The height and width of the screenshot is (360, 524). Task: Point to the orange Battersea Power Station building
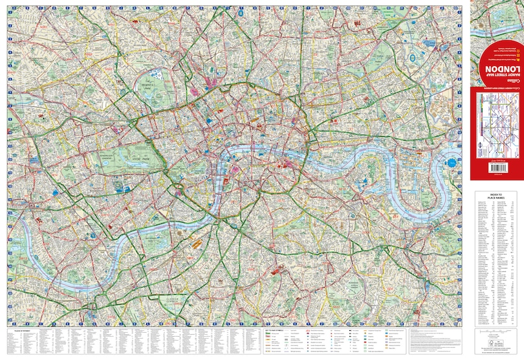pos(193,245)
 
